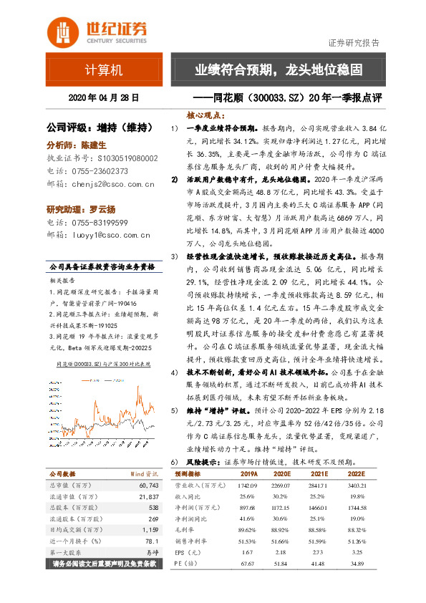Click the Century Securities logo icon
point(62,32)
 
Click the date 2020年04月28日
point(103,97)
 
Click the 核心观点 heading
point(206,115)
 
